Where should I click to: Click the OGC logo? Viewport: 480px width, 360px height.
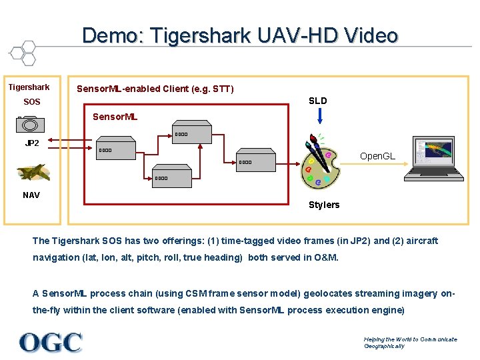pos(51,343)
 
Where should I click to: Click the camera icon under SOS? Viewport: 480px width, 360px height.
pos(30,125)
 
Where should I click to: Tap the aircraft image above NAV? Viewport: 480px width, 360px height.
pos(33,173)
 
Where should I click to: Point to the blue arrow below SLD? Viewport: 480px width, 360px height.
pos(320,116)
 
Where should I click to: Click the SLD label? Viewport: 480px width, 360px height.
pos(318,101)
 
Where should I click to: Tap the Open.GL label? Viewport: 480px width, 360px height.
pos(377,156)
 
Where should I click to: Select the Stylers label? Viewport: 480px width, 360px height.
pos(324,205)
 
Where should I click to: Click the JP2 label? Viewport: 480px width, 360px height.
pos(32,143)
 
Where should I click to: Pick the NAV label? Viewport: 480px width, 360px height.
pos(31,195)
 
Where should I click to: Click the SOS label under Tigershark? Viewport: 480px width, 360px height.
pos(32,102)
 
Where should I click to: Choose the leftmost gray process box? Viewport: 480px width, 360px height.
pos(116,150)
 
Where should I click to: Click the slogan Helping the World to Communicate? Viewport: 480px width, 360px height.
pos(410,339)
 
